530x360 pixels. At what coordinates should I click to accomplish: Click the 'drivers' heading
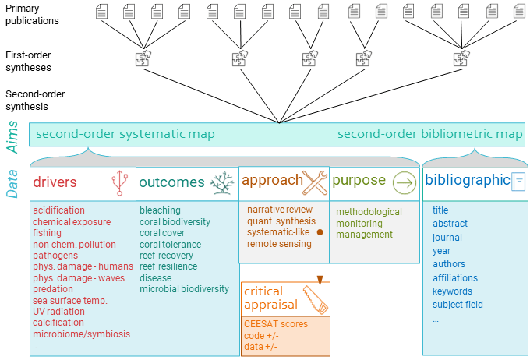tap(55, 182)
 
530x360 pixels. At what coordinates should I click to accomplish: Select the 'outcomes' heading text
tap(171, 182)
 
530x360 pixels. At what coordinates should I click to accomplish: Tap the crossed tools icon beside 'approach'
tap(316, 182)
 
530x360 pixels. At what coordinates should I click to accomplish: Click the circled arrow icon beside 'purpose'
tap(404, 182)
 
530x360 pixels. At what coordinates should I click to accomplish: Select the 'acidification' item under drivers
tap(58, 210)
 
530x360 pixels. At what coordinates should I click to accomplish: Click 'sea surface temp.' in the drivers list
tap(70, 300)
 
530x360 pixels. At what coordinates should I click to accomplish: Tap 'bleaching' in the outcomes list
tap(160, 210)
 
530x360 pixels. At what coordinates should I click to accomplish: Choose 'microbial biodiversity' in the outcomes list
tap(184, 289)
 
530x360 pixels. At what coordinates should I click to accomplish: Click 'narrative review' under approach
tap(280, 210)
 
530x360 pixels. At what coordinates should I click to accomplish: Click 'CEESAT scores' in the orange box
tap(276, 324)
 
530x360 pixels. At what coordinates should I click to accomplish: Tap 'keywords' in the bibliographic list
tap(453, 291)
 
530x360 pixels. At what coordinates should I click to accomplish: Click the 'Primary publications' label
tap(33, 15)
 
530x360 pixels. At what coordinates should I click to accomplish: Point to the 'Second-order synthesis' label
tap(36, 100)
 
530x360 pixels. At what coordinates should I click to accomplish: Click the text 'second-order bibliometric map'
tap(429, 134)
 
